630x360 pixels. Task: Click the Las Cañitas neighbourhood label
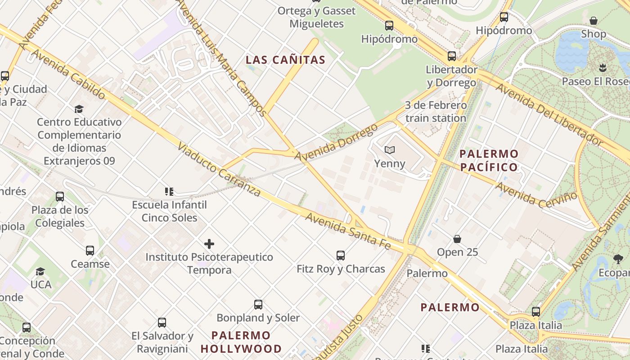click(x=285, y=60)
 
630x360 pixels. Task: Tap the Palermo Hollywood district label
click(x=241, y=342)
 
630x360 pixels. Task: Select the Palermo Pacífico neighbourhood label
click(x=489, y=161)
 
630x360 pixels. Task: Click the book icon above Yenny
click(x=389, y=150)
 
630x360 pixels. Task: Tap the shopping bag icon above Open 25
click(x=457, y=238)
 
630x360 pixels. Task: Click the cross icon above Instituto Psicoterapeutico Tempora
click(x=209, y=244)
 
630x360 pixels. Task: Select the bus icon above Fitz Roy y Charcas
click(x=341, y=256)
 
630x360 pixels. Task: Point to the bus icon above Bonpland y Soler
click(x=258, y=304)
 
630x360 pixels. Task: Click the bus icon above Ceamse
click(x=90, y=251)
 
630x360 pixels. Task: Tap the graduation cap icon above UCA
click(x=40, y=271)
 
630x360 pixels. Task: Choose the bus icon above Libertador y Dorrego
click(x=452, y=56)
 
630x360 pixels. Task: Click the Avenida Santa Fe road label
click(x=348, y=230)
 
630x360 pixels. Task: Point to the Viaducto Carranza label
click(x=219, y=170)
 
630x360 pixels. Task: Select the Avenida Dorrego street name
click(x=336, y=142)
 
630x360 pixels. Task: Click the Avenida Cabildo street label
click(x=69, y=75)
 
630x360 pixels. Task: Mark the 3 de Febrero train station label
click(x=435, y=112)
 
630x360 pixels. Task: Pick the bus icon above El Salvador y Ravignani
click(x=162, y=323)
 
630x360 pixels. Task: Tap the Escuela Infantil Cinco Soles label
click(x=169, y=211)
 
